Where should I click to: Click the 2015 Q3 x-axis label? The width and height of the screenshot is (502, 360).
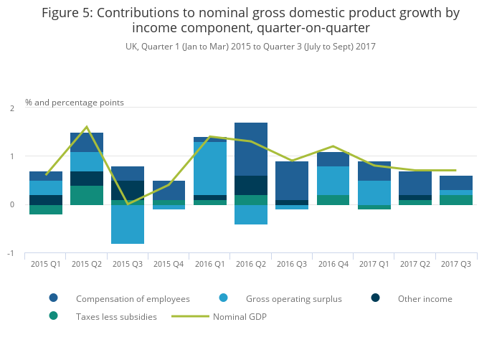tap(128, 263)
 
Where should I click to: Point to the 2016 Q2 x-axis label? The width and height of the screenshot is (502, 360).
tap(251, 263)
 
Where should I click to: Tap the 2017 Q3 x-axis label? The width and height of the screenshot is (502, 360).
tap(456, 263)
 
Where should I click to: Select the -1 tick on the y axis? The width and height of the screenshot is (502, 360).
tap(11, 253)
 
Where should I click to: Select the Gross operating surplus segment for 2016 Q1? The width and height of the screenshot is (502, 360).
tap(210, 169)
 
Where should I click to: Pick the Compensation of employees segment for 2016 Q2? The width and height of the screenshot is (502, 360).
tap(251, 149)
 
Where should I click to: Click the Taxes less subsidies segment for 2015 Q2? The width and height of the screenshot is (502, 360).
tap(87, 195)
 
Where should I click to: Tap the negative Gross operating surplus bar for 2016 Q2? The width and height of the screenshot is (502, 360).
tap(251, 214)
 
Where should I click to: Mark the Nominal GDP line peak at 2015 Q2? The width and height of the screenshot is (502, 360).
tap(87, 127)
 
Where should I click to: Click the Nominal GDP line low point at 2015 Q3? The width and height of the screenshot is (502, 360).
tap(128, 204)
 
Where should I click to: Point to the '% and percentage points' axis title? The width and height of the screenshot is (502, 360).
tap(75, 103)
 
